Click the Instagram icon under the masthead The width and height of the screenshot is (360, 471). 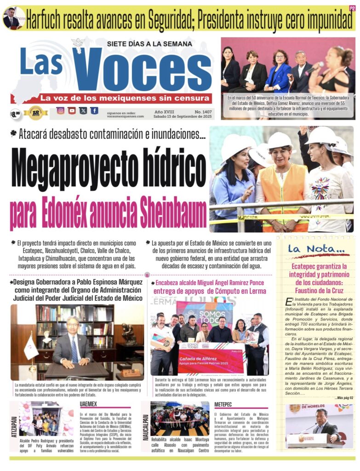pos(60,110)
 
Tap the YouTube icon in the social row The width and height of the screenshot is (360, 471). pos(72,110)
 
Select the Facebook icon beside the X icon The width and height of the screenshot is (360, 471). pos(94,110)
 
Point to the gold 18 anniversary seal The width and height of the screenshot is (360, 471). pos(36,113)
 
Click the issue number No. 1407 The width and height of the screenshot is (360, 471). pos(203,111)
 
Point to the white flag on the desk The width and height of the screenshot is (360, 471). pos(30,347)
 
